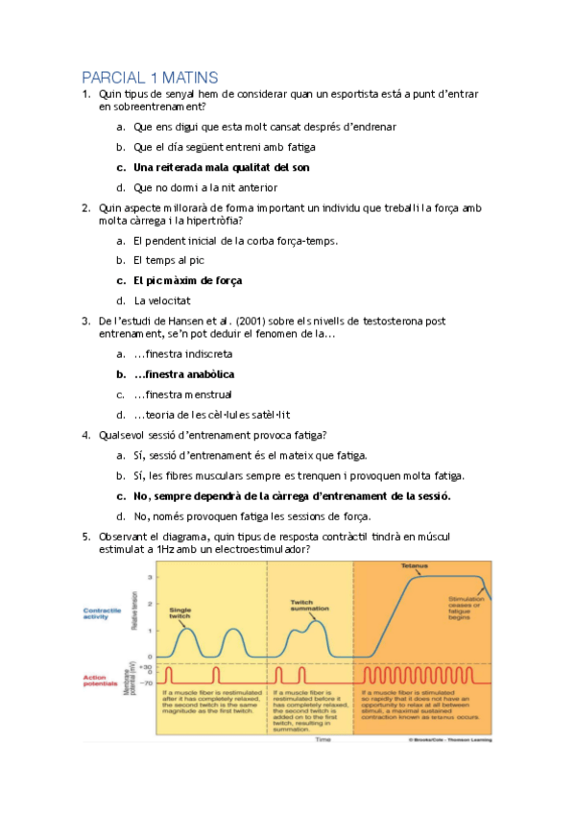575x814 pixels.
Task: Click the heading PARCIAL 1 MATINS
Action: click(x=150, y=77)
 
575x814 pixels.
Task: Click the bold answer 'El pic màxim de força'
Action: click(x=187, y=280)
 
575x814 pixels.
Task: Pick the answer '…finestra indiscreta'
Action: click(x=183, y=354)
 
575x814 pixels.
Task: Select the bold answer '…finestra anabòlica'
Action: click(x=184, y=374)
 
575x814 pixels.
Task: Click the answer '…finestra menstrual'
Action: click(x=182, y=395)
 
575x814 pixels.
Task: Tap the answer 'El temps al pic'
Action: click(x=169, y=260)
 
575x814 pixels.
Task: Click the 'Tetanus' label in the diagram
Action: click(x=415, y=567)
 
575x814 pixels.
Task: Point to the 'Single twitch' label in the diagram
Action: click(x=180, y=612)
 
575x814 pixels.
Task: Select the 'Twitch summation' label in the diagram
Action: click(x=302, y=606)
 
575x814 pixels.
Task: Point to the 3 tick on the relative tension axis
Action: click(x=149, y=576)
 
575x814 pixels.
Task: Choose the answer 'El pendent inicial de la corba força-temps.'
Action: click(x=235, y=240)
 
